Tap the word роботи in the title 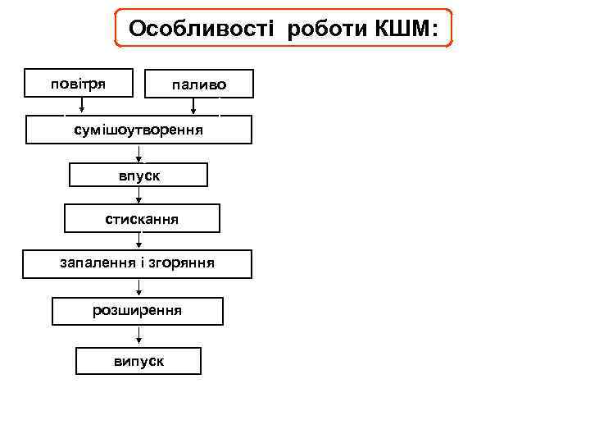pyautogui.click(x=328, y=30)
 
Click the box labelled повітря pyautogui.click(x=78, y=84)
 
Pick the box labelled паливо pyautogui.click(x=199, y=84)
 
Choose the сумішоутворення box pyautogui.click(x=138, y=130)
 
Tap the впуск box pyautogui.click(x=138, y=176)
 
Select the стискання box pyautogui.click(x=142, y=219)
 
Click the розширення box pyautogui.click(x=138, y=311)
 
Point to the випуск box pyautogui.click(x=138, y=361)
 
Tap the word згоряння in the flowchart pyautogui.click(x=182, y=263)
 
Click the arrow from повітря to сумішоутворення pyautogui.click(x=81, y=105)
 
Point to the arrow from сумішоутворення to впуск pyautogui.click(x=139, y=153)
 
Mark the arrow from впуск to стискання pyautogui.click(x=139, y=196)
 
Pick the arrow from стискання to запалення pyautogui.click(x=139, y=241)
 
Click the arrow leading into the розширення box pyautogui.click(x=139, y=287)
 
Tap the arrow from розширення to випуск pyautogui.click(x=139, y=336)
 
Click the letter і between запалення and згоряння pyautogui.click(x=136, y=263)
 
